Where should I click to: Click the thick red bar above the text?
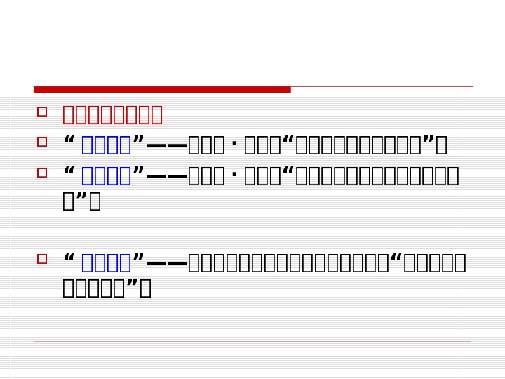pyautogui.click(x=162, y=89)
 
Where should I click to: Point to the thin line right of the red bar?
pyautogui.click(x=382, y=87)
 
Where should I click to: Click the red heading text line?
pyautogui.click(x=112, y=114)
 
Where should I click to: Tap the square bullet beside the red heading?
pyautogui.click(x=42, y=111)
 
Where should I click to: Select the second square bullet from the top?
pyautogui.click(x=42, y=142)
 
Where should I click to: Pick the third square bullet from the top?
pyautogui.click(x=42, y=172)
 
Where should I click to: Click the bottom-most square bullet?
pyautogui.click(x=42, y=259)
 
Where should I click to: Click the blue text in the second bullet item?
pyautogui.click(x=107, y=145)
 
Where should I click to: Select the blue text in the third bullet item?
pyautogui.click(x=107, y=175)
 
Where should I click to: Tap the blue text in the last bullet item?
pyautogui.click(x=107, y=262)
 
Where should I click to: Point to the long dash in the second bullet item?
pyautogui.click(x=166, y=146)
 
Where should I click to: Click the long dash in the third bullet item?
pyautogui.click(x=166, y=176)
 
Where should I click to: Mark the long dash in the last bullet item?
pyautogui.click(x=166, y=263)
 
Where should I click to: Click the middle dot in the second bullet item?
pyautogui.click(x=234, y=146)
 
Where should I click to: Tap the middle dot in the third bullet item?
pyautogui.click(x=234, y=176)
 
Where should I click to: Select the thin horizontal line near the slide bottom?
pyautogui.click(x=252, y=342)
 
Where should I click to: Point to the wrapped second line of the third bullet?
pyautogui.click(x=81, y=201)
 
